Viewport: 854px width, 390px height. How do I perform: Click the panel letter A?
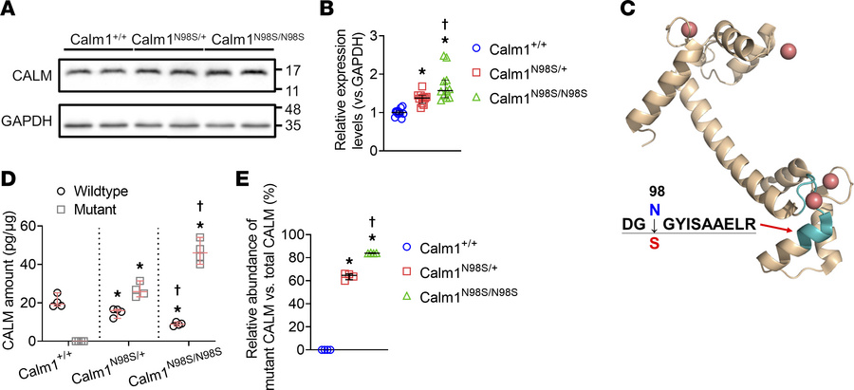(x=10, y=11)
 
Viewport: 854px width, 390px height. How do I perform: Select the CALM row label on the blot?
(x=28, y=73)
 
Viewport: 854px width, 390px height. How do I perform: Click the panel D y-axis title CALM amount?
(x=13, y=282)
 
